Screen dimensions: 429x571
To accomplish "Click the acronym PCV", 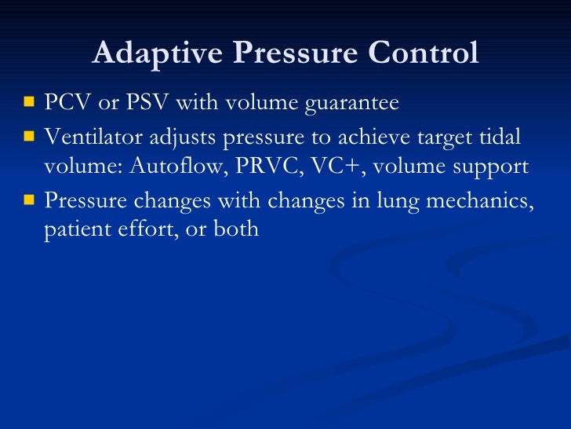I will pyautogui.click(x=68, y=103).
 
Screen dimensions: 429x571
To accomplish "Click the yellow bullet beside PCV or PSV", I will pyautogui.click(x=29, y=103).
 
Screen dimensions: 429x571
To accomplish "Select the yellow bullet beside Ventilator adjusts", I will pyautogui.click(x=29, y=136).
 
